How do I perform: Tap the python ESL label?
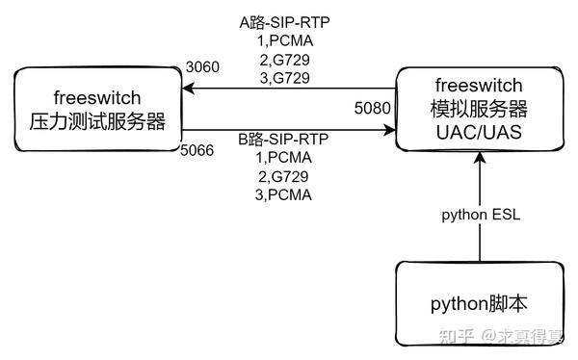[481, 215]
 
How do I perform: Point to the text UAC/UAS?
[479, 131]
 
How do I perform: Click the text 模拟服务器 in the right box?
[479, 108]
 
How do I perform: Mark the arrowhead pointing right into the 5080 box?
[389, 131]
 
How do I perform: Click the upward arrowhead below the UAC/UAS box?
[480, 160]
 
